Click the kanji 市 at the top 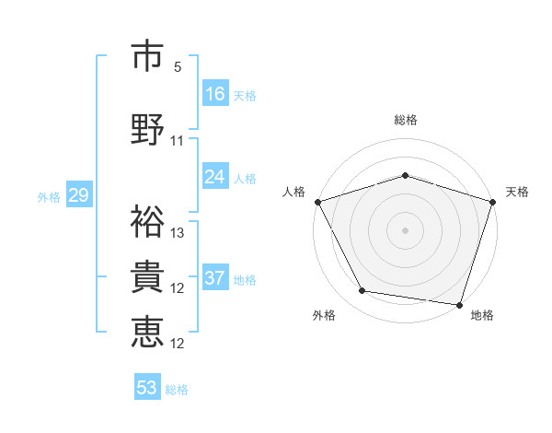click(x=147, y=56)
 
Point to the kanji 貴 click(x=147, y=277)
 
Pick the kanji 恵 click(x=147, y=332)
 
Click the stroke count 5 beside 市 click(x=178, y=67)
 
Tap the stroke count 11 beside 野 click(x=178, y=141)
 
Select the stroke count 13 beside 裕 click(x=178, y=232)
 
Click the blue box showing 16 click(x=215, y=93)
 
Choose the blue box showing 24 click(x=215, y=176)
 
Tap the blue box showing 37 click(x=215, y=278)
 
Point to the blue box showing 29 click(x=78, y=195)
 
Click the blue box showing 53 click(x=146, y=388)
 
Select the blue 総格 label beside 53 click(x=178, y=390)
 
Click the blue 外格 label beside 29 click(x=49, y=196)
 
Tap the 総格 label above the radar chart click(x=405, y=120)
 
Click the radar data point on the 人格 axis click(x=317, y=202)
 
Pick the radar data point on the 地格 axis click(x=459, y=304)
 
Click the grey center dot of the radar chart click(x=405, y=229)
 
